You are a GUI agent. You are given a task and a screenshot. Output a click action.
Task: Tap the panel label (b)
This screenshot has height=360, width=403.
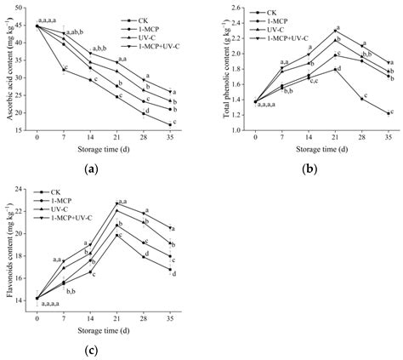[308, 169]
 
